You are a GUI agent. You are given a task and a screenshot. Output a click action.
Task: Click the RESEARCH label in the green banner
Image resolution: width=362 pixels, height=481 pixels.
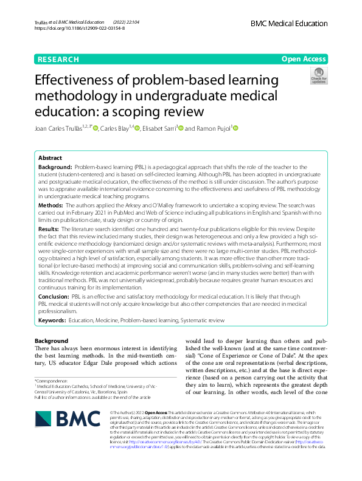coord(58,59)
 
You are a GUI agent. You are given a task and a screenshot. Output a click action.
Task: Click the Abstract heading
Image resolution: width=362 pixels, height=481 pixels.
coord(50,157)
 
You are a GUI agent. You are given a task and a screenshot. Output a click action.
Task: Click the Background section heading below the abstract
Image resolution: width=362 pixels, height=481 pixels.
coord(52,341)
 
